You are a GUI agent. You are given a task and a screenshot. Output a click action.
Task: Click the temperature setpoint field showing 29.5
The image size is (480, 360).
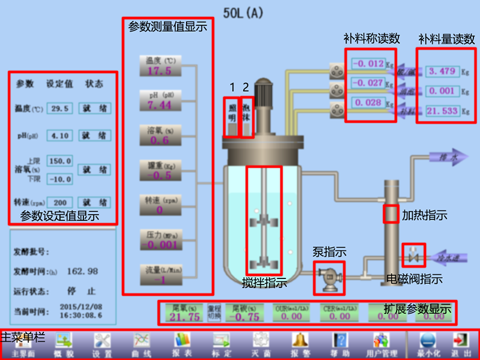(x=60, y=109)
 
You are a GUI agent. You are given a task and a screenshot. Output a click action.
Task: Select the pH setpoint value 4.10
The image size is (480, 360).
(x=60, y=136)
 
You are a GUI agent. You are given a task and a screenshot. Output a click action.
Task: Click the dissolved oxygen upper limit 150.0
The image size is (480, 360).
(x=60, y=161)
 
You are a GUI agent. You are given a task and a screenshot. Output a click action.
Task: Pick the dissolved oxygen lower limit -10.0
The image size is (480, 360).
(x=60, y=179)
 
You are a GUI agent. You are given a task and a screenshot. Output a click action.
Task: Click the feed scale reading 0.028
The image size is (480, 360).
(x=368, y=103)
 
